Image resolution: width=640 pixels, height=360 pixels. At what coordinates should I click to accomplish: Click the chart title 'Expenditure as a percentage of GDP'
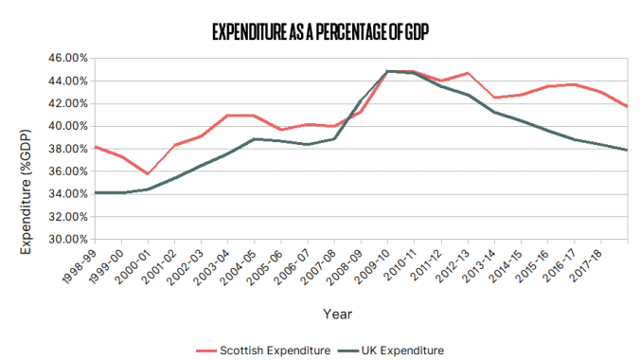320,32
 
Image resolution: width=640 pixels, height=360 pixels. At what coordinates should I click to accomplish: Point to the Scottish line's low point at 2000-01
148,174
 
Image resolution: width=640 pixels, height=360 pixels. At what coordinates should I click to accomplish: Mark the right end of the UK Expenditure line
628,150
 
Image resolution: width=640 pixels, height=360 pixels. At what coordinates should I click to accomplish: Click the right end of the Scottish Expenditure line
628,106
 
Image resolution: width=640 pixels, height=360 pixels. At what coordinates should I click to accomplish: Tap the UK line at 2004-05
255,139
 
